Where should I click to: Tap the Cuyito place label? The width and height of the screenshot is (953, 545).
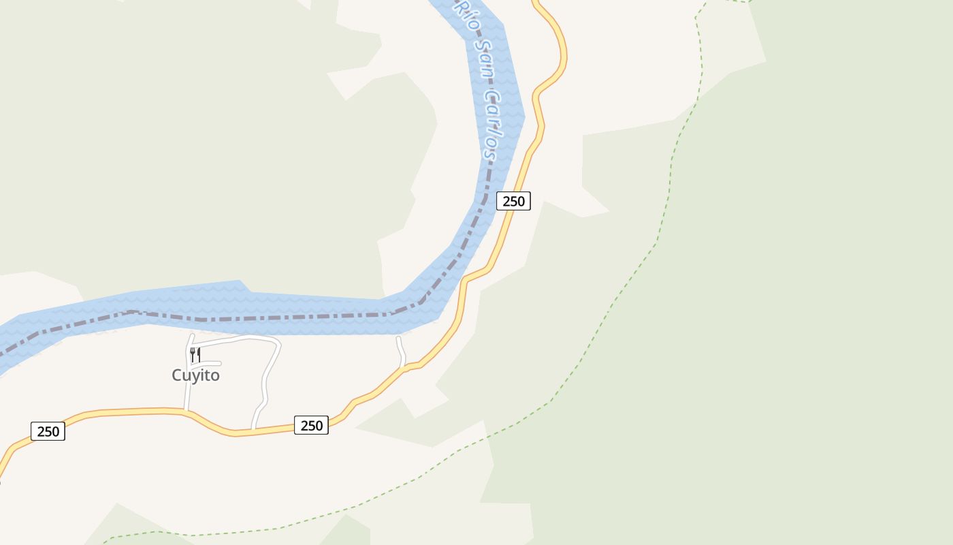point(195,375)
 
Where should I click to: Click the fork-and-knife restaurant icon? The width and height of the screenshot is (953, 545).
point(195,354)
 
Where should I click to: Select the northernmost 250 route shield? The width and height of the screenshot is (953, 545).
point(513,201)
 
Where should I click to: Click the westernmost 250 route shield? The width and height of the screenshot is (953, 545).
point(48,431)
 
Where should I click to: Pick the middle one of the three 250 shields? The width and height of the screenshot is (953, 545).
point(311,426)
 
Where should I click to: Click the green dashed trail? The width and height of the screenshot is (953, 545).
point(613,307)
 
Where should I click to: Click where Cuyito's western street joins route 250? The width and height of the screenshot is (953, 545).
point(186,410)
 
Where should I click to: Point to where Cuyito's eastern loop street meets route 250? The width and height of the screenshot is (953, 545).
point(253,430)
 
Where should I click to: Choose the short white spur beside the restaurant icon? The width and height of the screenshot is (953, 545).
point(211,364)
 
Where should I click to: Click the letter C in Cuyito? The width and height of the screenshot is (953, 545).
point(177,375)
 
